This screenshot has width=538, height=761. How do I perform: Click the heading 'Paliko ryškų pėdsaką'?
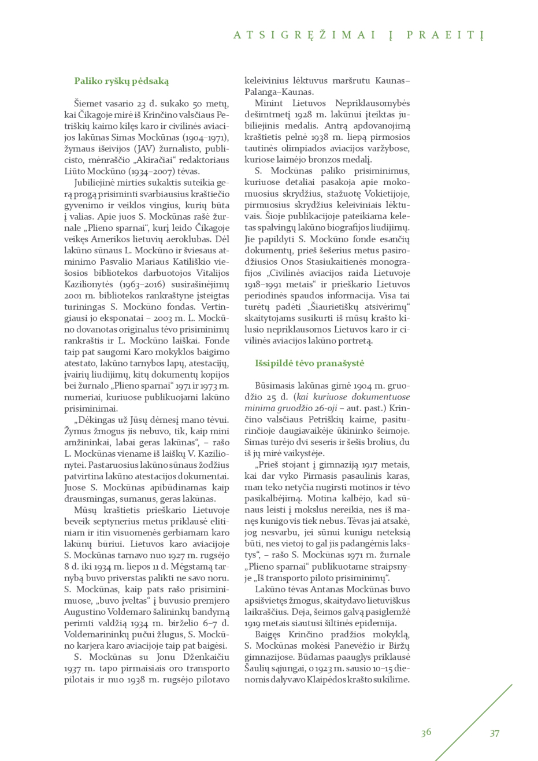[121, 81]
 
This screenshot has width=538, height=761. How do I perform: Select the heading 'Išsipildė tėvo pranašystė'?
[310, 363]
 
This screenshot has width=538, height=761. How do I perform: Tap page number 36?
[426, 732]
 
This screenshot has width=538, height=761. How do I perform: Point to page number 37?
[495, 733]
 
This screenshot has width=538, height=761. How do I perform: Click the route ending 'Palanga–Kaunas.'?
[279, 92]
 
